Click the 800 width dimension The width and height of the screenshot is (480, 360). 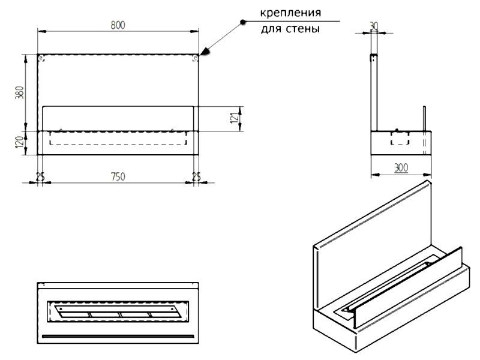(x=118, y=25)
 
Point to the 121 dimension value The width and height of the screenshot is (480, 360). (x=235, y=119)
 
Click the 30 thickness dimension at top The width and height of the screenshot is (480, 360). (x=374, y=26)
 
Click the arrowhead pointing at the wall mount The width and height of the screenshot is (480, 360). (x=205, y=53)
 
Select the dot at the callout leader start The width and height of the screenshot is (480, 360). (x=242, y=22)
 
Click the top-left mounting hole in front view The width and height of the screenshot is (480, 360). (x=41, y=59)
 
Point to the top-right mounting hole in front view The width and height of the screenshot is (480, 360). (x=195, y=59)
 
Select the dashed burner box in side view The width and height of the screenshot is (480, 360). (x=398, y=138)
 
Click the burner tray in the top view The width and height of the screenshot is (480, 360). (x=117, y=312)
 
